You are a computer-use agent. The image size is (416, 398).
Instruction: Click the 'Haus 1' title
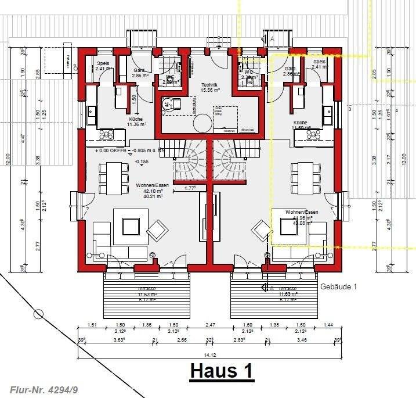(222, 371)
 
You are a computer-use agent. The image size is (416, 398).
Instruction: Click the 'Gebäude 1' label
(339, 286)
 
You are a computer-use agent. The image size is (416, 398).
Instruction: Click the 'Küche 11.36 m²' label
(136, 121)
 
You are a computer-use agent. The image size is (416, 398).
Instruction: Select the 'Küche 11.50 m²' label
(300, 125)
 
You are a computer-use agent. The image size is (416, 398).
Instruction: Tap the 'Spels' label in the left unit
(104, 63)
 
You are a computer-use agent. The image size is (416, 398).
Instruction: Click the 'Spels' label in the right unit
(319, 62)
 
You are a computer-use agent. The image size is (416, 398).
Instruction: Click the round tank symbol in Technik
(204, 123)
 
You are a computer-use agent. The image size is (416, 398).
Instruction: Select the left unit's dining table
(114, 178)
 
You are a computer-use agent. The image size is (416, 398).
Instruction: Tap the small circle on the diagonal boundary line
(38, 314)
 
